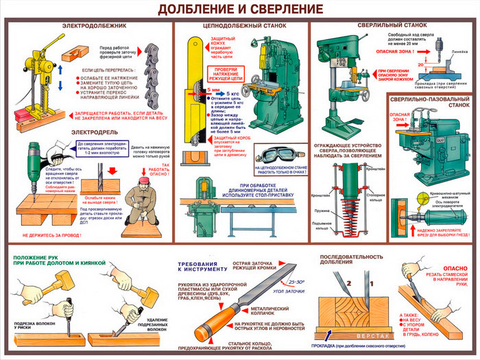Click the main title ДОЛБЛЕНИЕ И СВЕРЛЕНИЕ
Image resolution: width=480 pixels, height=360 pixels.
(x=240, y=10)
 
